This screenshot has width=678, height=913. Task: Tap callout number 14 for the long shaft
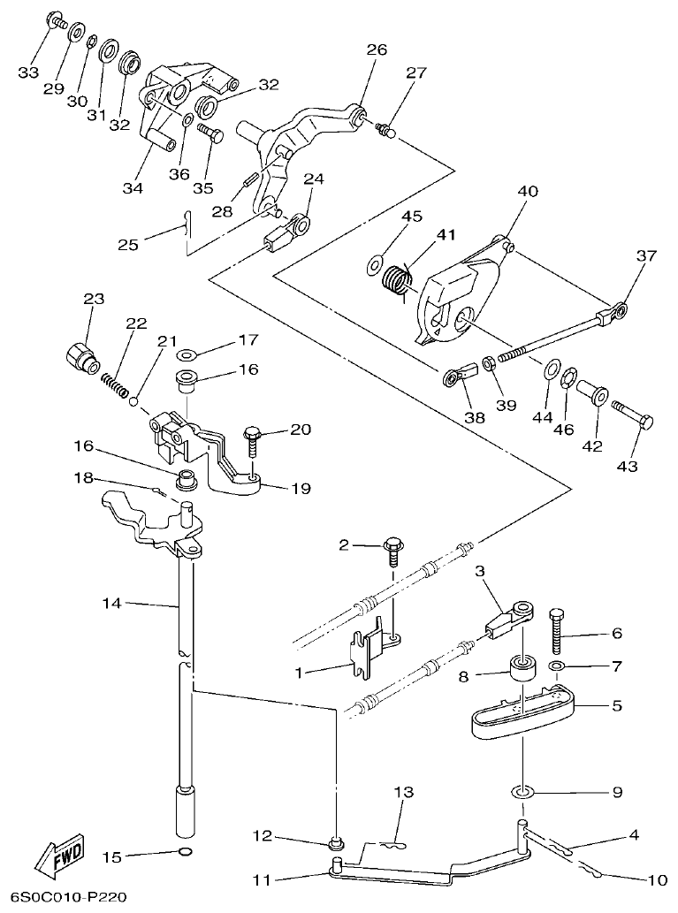pyautogui.click(x=110, y=604)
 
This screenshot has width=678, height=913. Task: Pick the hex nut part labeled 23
pyautogui.click(x=80, y=361)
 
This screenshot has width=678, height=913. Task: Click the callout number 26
pyautogui.click(x=377, y=50)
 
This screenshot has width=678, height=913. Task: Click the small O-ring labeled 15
pyautogui.click(x=183, y=853)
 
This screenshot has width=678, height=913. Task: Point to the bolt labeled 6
pyautogui.click(x=557, y=633)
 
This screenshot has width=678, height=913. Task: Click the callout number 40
pyautogui.click(x=528, y=192)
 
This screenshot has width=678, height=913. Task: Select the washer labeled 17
pyautogui.click(x=188, y=354)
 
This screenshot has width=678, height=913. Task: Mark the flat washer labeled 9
pyautogui.click(x=522, y=787)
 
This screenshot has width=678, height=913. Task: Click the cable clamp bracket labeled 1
pyautogui.click(x=371, y=652)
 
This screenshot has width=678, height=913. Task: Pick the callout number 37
pyautogui.click(x=646, y=256)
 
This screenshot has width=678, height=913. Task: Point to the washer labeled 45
pyautogui.click(x=375, y=262)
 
